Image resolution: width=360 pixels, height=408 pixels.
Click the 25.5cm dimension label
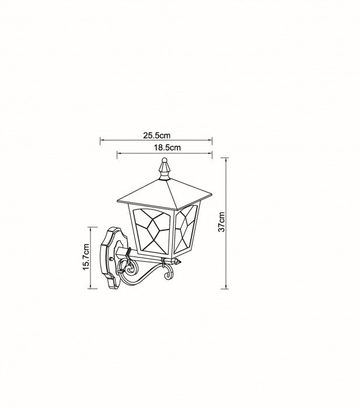coord(156,135)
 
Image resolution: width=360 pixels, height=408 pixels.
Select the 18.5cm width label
coord(167,147)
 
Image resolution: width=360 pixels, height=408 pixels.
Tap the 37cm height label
coord(221,222)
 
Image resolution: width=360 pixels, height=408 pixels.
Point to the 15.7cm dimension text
coord(86,257)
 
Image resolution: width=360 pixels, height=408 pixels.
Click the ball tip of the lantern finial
coord(164,160)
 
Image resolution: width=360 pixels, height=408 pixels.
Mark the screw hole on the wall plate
coord(111,259)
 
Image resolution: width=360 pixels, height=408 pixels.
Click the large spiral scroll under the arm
coord(130,269)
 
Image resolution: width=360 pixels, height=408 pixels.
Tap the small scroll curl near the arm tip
coord(168,274)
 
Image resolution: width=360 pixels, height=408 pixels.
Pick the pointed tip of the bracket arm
coord(180,261)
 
